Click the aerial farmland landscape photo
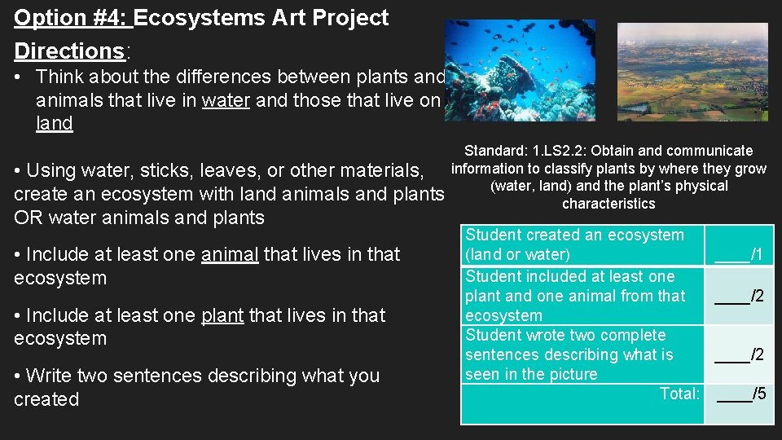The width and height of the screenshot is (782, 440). pyautogui.click(x=692, y=71)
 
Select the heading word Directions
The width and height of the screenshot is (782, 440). pyautogui.click(x=69, y=51)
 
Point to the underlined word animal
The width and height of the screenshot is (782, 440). pyautogui.click(x=230, y=254)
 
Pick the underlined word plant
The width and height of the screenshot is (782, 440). pyautogui.click(x=222, y=315)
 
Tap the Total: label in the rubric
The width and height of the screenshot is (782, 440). pyautogui.click(x=679, y=394)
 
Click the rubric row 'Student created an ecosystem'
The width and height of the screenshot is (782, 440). pyautogui.click(x=574, y=235)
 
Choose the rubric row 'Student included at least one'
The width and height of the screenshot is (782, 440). pyautogui.click(x=570, y=277)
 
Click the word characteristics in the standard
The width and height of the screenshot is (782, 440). pyautogui.click(x=608, y=204)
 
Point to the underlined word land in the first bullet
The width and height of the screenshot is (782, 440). pyautogui.click(x=54, y=124)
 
